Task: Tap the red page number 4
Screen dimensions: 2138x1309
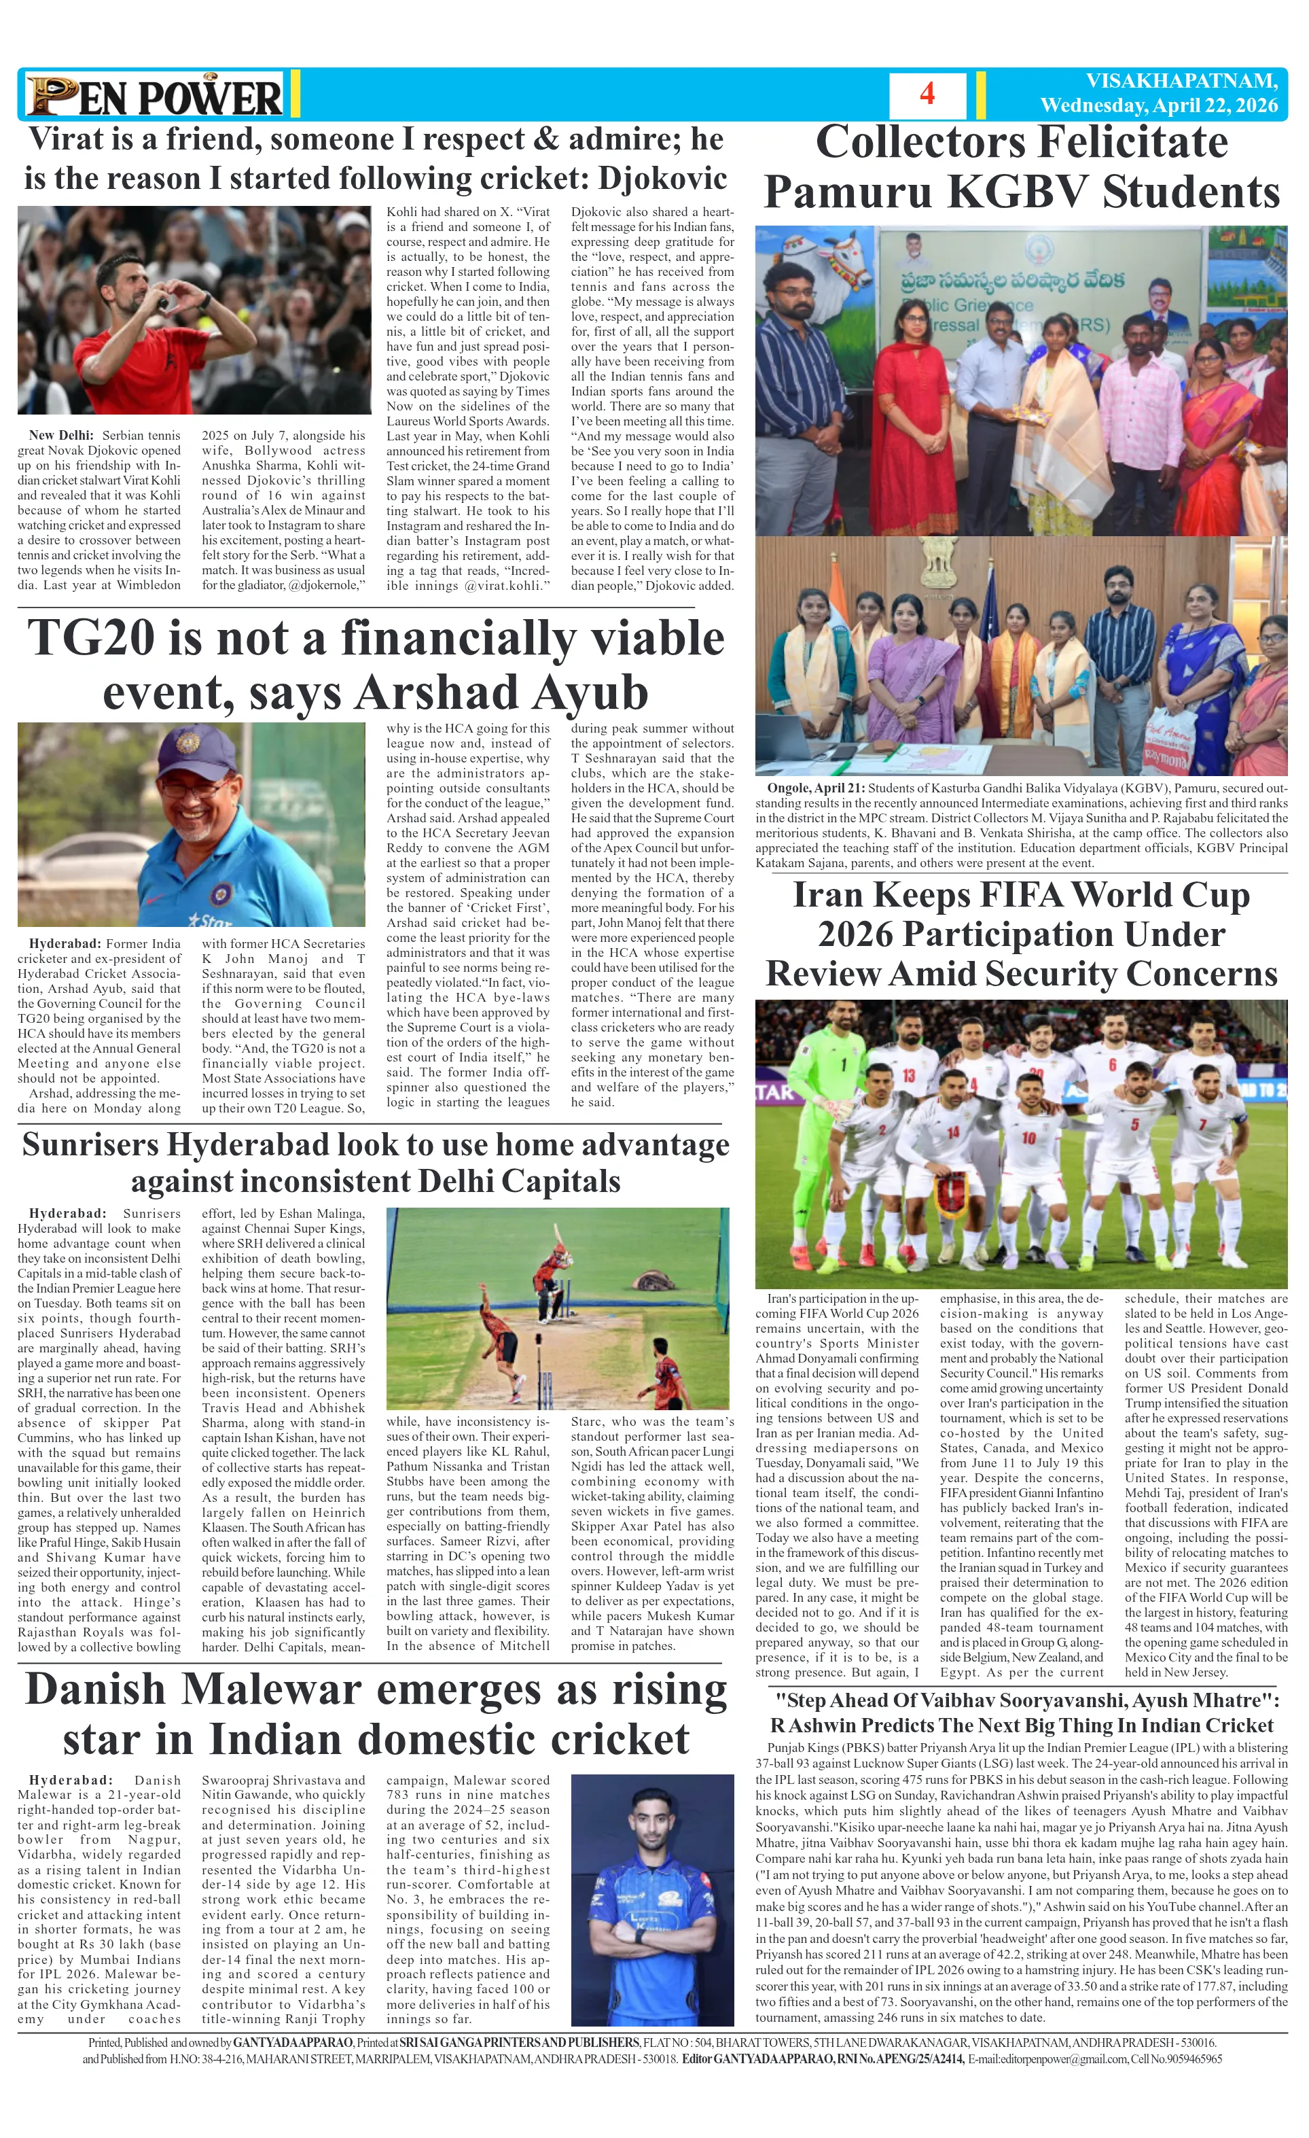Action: pyautogui.click(x=927, y=94)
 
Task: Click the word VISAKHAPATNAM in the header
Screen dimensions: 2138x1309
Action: pyautogui.click(x=1181, y=82)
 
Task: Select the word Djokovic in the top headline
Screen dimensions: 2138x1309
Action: pyautogui.click(x=663, y=179)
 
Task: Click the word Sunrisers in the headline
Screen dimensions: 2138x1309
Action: pyautogui.click(x=90, y=1144)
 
